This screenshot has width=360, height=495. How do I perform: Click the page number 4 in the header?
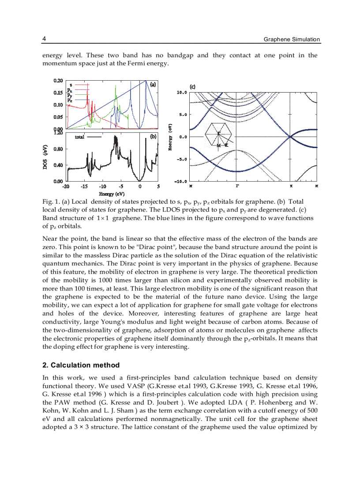44,39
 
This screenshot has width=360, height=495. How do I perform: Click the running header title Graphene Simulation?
292,39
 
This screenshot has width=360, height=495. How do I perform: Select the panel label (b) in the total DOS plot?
153,137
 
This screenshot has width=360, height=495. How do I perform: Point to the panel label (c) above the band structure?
193,86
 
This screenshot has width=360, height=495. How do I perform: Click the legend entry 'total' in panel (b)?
80,137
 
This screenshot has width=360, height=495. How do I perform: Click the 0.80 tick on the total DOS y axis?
58,149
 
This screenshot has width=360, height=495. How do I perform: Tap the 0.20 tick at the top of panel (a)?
58,81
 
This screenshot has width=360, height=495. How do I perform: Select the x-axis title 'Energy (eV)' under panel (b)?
112,194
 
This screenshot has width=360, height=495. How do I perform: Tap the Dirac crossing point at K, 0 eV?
290,137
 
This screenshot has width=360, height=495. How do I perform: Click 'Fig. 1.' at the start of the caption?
50,202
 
